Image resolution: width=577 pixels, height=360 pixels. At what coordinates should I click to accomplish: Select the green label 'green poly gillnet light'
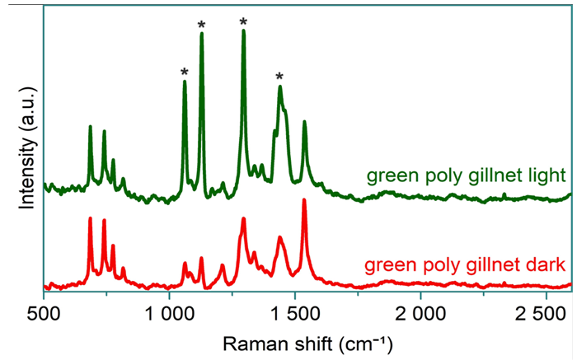pyautogui.click(x=465, y=176)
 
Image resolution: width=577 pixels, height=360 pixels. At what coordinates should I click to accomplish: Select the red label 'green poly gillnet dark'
pyautogui.click(x=464, y=265)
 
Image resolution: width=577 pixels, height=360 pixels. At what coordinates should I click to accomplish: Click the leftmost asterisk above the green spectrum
pyautogui.click(x=185, y=72)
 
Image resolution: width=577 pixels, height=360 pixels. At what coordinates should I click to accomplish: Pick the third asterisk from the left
pyautogui.click(x=243, y=22)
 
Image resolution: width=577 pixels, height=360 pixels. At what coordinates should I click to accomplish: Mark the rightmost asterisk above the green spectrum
pyautogui.click(x=280, y=77)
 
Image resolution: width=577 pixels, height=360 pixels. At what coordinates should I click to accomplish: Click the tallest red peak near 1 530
pyautogui.click(x=304, y=200)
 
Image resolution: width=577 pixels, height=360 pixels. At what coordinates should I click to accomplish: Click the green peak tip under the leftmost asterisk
pyautogui.click(x=185, y=81)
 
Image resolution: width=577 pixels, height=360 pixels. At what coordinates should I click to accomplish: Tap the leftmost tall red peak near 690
pyautogui.click(x=90, y=218)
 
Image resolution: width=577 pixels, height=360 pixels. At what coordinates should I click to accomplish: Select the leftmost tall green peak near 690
pyautogui.click(x=90, y=127)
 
